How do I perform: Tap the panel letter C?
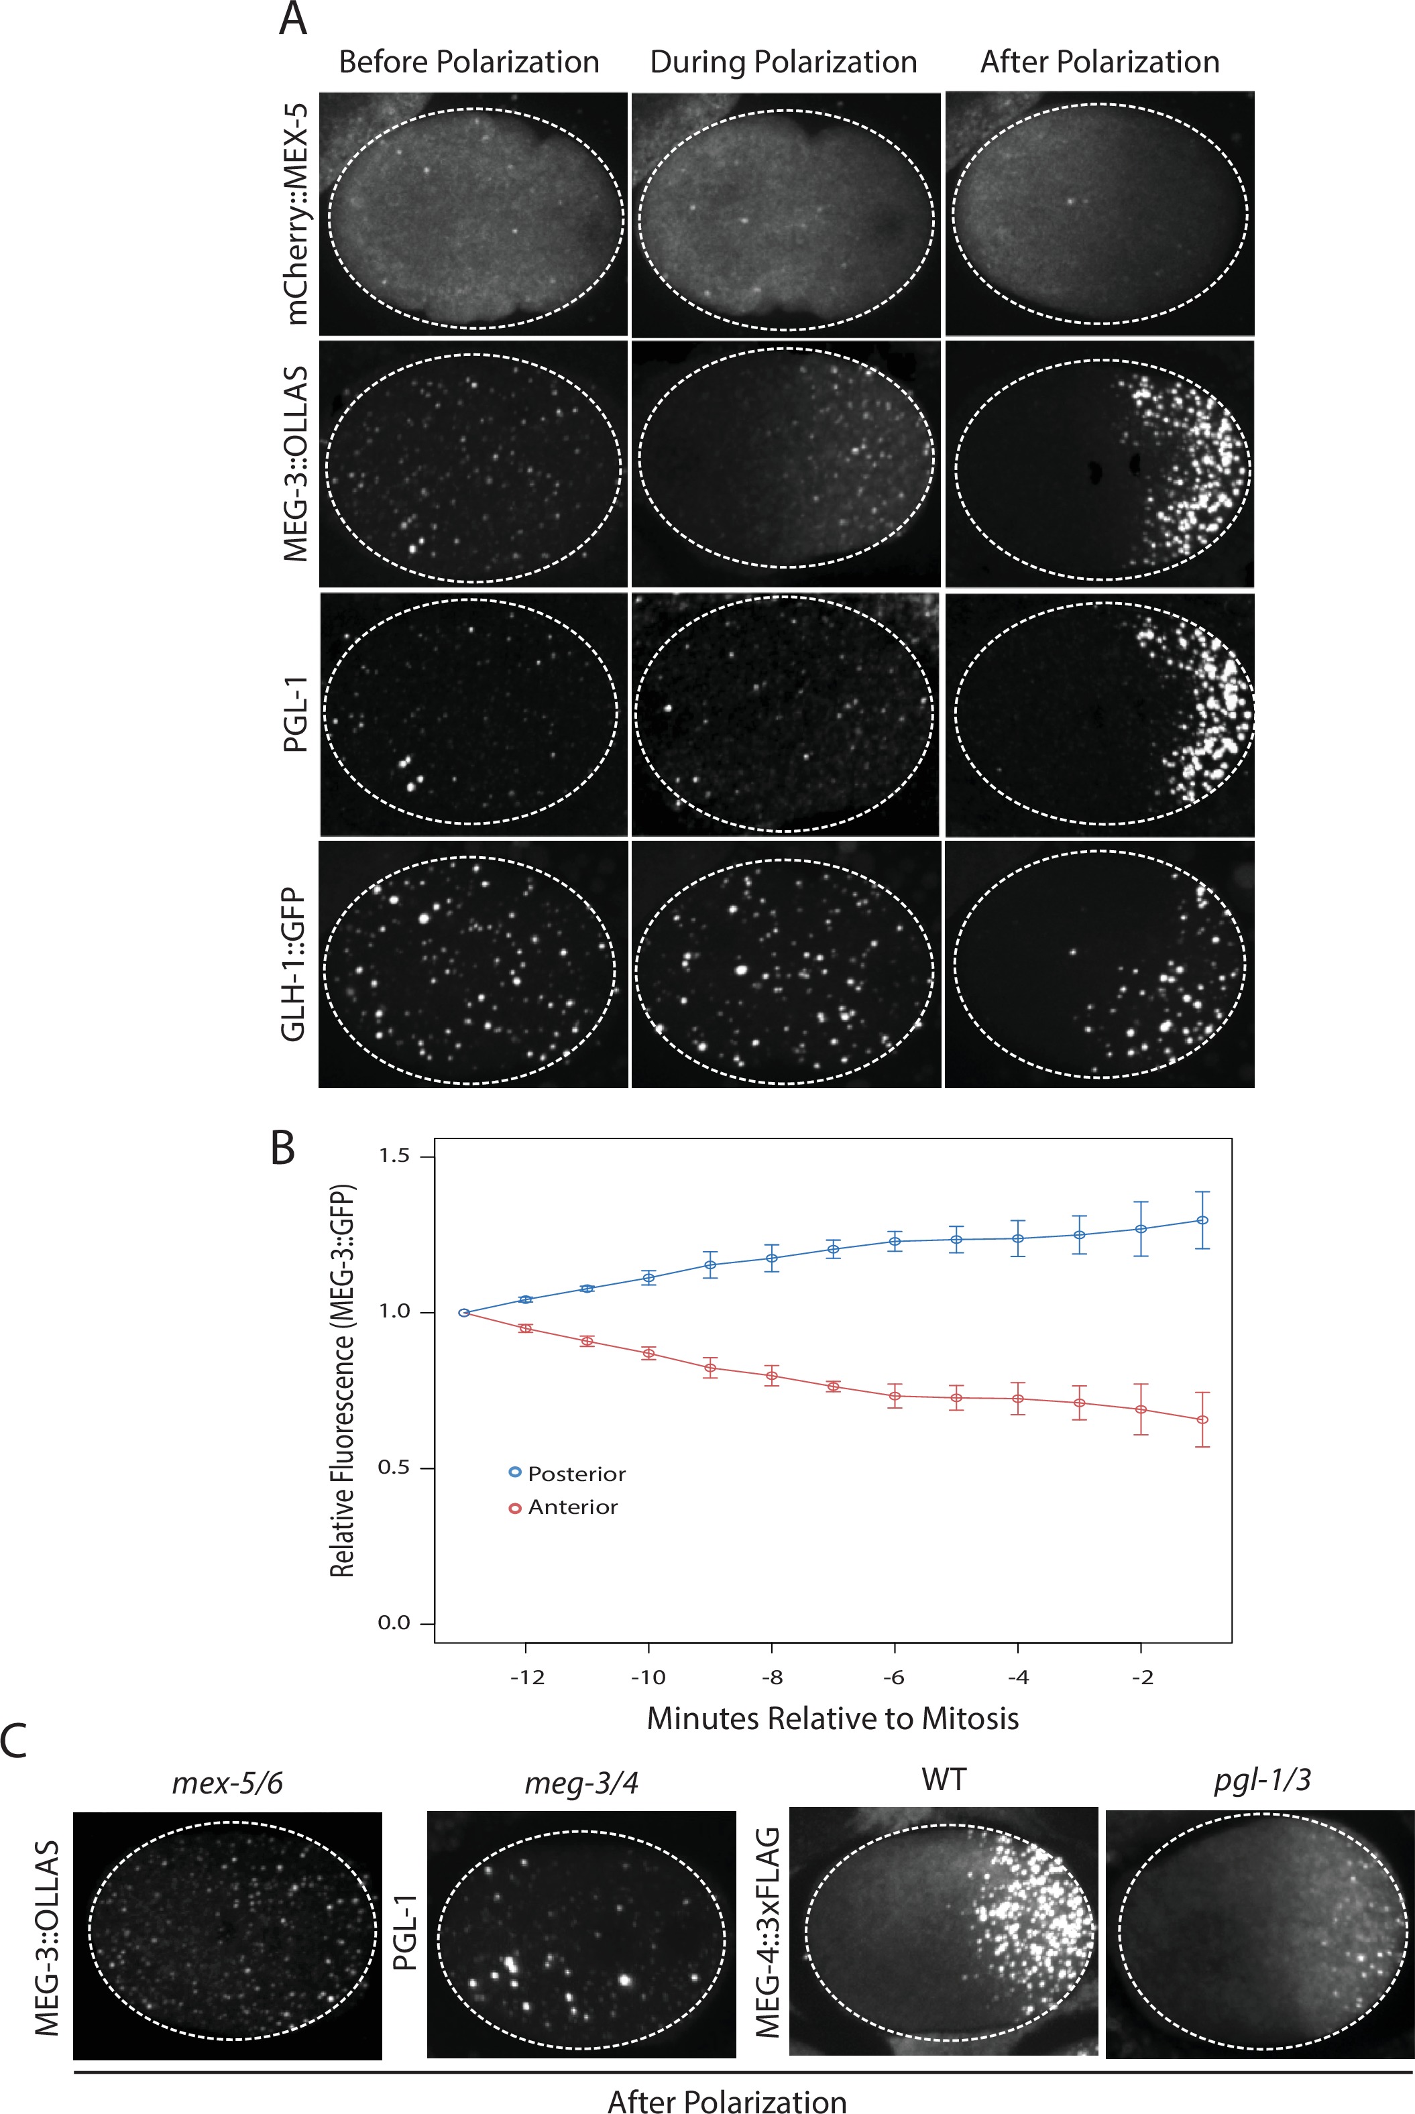pos(13,1741)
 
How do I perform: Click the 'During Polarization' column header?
pos(783,62)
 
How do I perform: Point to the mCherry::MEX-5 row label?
pos(295,214)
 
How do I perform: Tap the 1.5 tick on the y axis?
pos(394,1156)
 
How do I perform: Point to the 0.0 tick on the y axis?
pos(394,1623)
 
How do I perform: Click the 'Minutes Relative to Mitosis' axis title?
pos(832,1718)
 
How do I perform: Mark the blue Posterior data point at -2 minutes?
pos(1141,1229)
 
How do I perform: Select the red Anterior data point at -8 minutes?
pos(772,1376)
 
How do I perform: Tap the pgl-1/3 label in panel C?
pos(1261,1779)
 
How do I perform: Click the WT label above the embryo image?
pos(943,1779)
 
